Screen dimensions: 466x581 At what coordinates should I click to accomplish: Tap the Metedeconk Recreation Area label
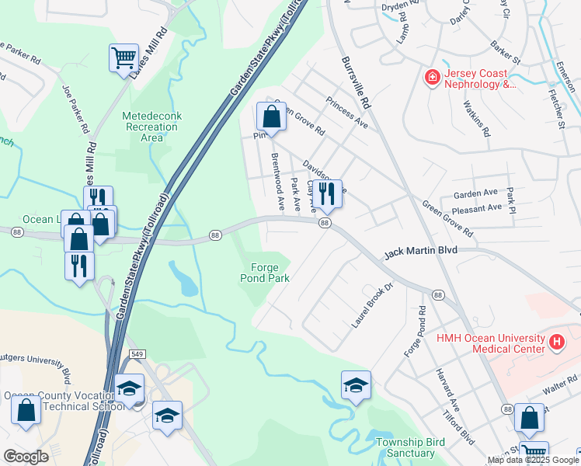152,127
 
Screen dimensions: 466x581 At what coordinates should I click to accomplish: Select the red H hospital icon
556,341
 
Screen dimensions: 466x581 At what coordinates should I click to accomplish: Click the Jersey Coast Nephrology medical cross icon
431,78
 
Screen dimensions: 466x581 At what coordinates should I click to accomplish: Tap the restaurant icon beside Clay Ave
327,195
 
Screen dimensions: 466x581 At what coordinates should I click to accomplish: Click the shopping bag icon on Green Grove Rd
271,117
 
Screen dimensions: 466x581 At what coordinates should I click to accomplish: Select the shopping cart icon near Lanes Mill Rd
124,58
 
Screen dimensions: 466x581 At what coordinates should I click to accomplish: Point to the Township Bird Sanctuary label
405,447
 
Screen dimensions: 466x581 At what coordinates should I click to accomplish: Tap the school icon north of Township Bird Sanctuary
356,385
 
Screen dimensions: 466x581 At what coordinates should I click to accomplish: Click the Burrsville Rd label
354,81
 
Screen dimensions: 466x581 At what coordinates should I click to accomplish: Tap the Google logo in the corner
26,457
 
